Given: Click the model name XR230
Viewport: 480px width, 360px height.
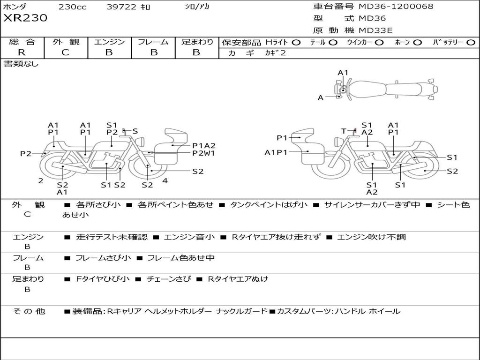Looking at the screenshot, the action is [x=25, y=18].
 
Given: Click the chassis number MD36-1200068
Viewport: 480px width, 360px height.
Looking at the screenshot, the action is [x=396, y=7].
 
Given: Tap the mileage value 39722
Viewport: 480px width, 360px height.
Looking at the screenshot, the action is [x=121, y=7].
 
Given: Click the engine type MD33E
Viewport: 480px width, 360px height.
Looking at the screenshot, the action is [x=375, y=30].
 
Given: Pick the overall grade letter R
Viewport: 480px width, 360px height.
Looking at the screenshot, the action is [x=22, y=52].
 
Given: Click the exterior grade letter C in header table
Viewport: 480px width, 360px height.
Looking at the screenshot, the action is [x=66, y=52].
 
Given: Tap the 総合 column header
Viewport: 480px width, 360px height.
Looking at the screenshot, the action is [x=22, y=42].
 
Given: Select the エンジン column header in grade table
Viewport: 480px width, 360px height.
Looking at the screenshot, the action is [x=109, y=42].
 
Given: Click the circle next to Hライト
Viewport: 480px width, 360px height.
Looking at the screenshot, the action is [x=298, y=43].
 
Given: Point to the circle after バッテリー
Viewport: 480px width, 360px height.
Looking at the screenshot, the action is [x=471, y=43].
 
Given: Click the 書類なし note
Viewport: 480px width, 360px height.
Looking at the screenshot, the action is [x=21, y=64].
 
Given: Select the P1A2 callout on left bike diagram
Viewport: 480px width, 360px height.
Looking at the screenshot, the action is [x=204, y=145].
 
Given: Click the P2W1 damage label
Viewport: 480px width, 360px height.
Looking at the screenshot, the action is [x=203, y=153].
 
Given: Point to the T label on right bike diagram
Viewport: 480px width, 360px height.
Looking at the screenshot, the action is [x=344, y=131].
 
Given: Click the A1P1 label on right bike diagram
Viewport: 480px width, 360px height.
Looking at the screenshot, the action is [x=276, y=152].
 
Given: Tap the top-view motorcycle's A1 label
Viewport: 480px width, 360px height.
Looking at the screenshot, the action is [x=343, y=73].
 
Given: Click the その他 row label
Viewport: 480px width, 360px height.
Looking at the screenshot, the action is [x=29, y=311].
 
